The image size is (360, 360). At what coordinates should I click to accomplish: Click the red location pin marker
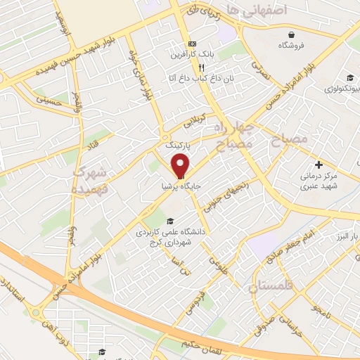(180, 166)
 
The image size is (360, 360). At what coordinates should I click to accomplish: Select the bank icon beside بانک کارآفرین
(181, 53)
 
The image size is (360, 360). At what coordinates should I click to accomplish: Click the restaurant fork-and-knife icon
(201, 67)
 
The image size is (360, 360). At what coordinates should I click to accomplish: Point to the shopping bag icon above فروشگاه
(291, 34)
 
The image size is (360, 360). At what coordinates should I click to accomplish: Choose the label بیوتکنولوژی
(342, 89)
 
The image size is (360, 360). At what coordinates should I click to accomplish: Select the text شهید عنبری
(320, 186)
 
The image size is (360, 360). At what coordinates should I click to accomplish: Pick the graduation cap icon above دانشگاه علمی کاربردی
(169, 219)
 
